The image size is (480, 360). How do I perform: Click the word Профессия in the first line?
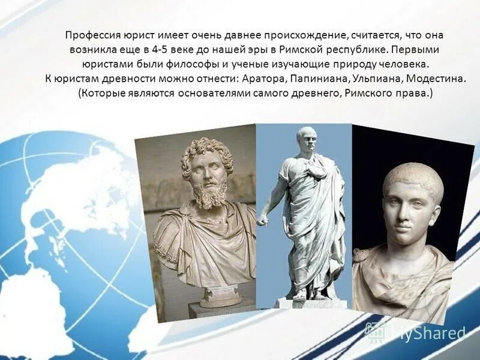(x=90, y=35)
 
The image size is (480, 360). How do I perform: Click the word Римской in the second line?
(x=298, y=50)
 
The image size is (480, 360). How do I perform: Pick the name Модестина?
(x=434, y=79)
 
